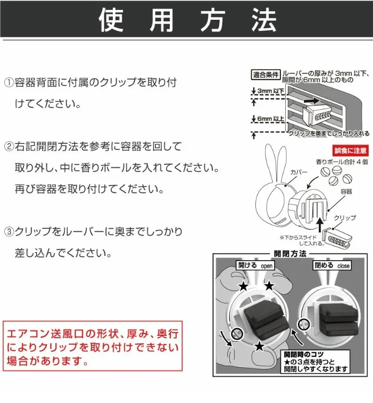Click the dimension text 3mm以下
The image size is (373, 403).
tap(271, 92)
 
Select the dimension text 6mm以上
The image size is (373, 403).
tap(271, 119)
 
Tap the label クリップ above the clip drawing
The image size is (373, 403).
tap(345, 218)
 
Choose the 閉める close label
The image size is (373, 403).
tap(333, 265)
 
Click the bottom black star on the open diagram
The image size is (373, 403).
tap(259, 347)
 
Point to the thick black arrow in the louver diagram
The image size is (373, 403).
tap(313, 100)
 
